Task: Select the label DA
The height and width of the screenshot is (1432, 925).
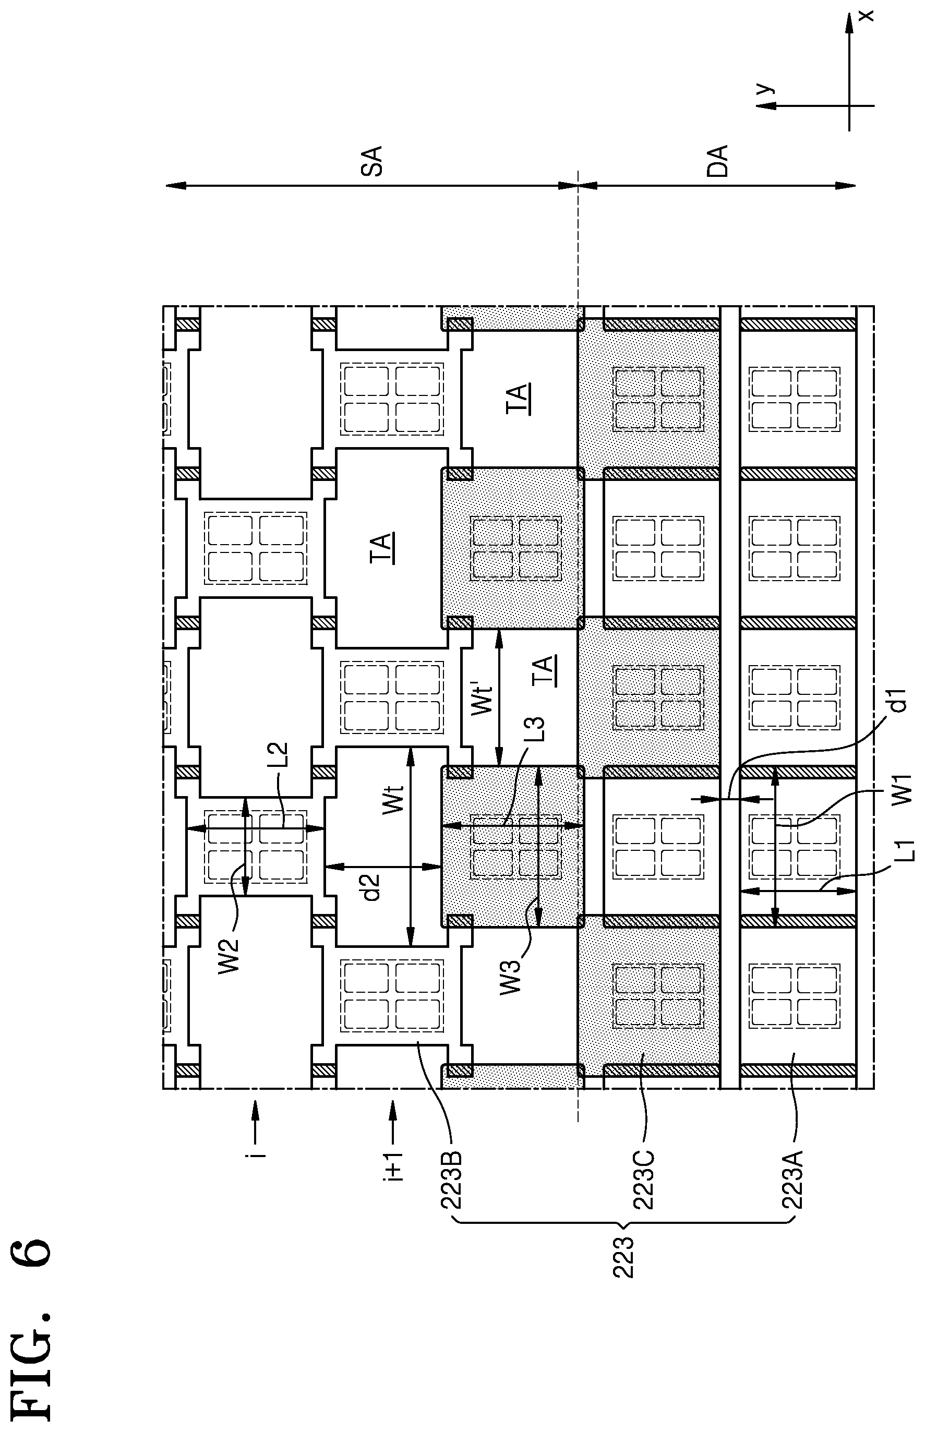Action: [x=717, y=160]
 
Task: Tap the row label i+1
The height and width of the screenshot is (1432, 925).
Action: [x=393, y=1166]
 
